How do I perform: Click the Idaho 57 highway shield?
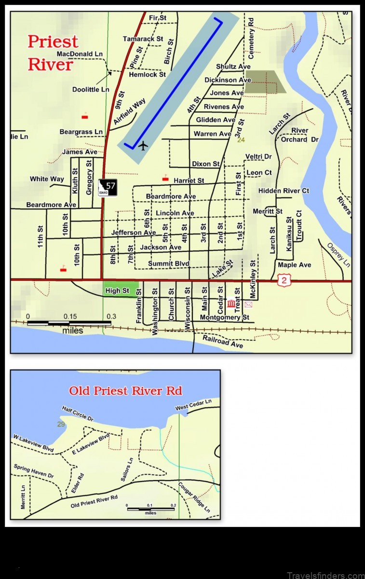tap(108, 187)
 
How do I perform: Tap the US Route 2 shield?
tap(283, 279)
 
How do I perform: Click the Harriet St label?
tap(189, 180)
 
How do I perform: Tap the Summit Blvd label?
tap(168, 263)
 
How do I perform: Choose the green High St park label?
tap(117, 290)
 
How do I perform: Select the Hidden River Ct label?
tap(284, 191)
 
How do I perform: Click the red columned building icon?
tap(232, 304)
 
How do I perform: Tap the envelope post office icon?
tap(248, 304)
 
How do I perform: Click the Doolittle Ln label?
tap(91, 89)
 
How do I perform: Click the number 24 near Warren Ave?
tap(241, 140)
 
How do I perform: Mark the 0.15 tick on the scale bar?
tap(70, 317)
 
